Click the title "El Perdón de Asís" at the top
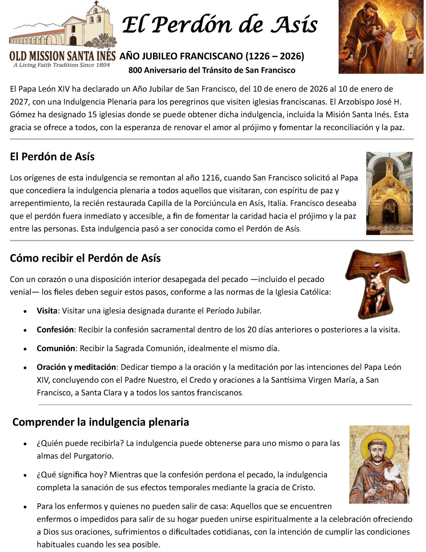coord(220,25)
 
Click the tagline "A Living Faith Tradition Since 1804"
coord(62,65)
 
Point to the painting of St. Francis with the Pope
coord(381,37)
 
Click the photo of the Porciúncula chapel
coord(389,193)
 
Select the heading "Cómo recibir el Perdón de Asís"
coord(85,258)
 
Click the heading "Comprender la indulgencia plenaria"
coord(101,422)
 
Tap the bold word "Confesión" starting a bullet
coord(55,329)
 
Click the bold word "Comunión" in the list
coord(56,348)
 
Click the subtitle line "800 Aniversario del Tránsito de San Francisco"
coord(212,70)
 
